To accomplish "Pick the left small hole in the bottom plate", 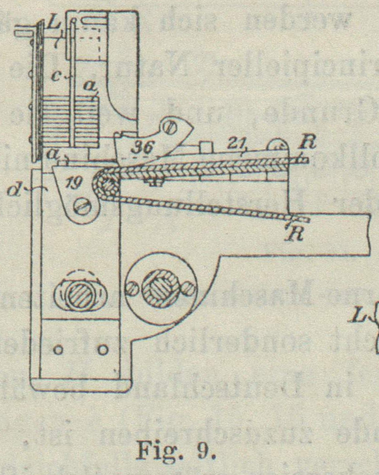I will point(59,350).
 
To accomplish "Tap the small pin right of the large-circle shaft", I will point(187,290).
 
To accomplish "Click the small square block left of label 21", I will point(206,146).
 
